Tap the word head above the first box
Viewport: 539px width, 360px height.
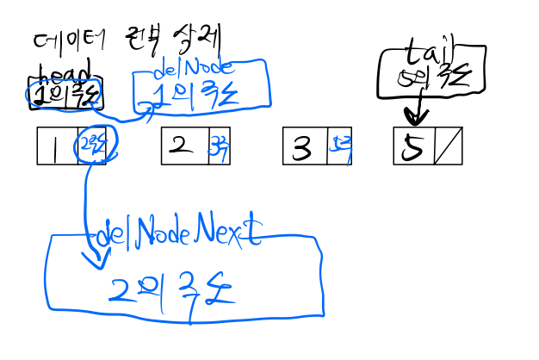click(x=65, y=71)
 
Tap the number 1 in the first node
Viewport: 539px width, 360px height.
click(x=54, y=147)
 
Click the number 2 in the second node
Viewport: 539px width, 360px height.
click(x=181, y=145)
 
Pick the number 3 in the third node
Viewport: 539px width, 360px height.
click(x=302, y=148)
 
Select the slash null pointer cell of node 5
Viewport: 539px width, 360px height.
click(x=448, y=146)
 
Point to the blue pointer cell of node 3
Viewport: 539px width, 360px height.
click(x=339, y=147)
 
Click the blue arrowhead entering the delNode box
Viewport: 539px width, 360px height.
click(x=148, y=108)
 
